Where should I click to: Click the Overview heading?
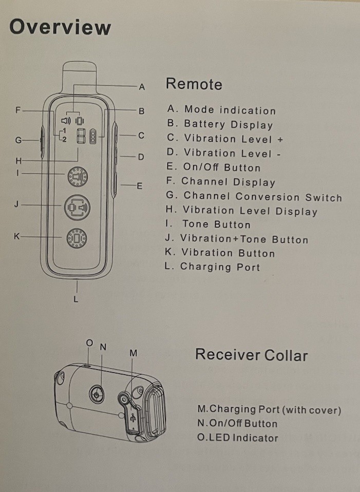click(60, 27)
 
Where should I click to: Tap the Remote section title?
click(194, 84)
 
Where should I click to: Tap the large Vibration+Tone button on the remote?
click(76, 207)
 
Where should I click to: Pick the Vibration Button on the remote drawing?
click(77, 238)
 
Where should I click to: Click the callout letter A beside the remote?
click(142, 87)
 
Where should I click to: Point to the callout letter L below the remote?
click(76, 299)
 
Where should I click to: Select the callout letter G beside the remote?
click(18, 140)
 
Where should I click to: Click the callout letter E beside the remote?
click(139, 186)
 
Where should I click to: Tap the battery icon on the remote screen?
click(93, 137)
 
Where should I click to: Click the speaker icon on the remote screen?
click(66, 121)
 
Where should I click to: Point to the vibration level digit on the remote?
click(81, 137)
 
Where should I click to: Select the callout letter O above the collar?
click(89, 343)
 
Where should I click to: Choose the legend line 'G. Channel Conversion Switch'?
click(254, 196)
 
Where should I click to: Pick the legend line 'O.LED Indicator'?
click(238, 438)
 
